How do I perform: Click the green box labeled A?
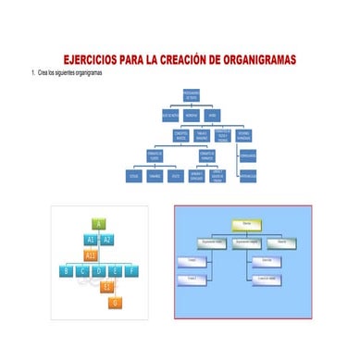(x=98, y=223)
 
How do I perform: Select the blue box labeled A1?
(x=90, y=239)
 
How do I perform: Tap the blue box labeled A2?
(x=107, y=239)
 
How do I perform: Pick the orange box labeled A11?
(x=90, y=254)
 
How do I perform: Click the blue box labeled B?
(x=67, y=270)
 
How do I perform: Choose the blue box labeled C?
(x=82, y=270)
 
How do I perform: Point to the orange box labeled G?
(x=115, y=303)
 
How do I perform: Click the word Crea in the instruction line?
(x=43, y=72)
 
